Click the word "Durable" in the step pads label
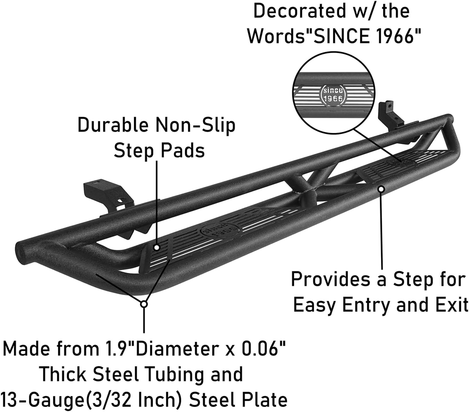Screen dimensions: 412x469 click(113, 125)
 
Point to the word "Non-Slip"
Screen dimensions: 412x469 click(195, 125)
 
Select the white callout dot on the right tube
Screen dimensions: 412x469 click(381, 189)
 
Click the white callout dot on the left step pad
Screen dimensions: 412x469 click(157, 247)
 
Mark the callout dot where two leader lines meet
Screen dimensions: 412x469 click(144, 304)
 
